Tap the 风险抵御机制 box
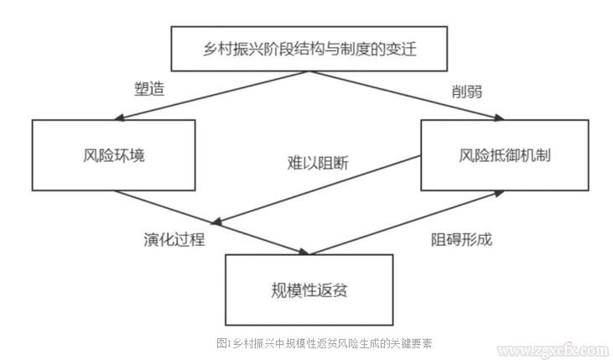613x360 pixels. tap(504, 155)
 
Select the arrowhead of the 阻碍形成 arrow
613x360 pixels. tap(500, 192)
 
